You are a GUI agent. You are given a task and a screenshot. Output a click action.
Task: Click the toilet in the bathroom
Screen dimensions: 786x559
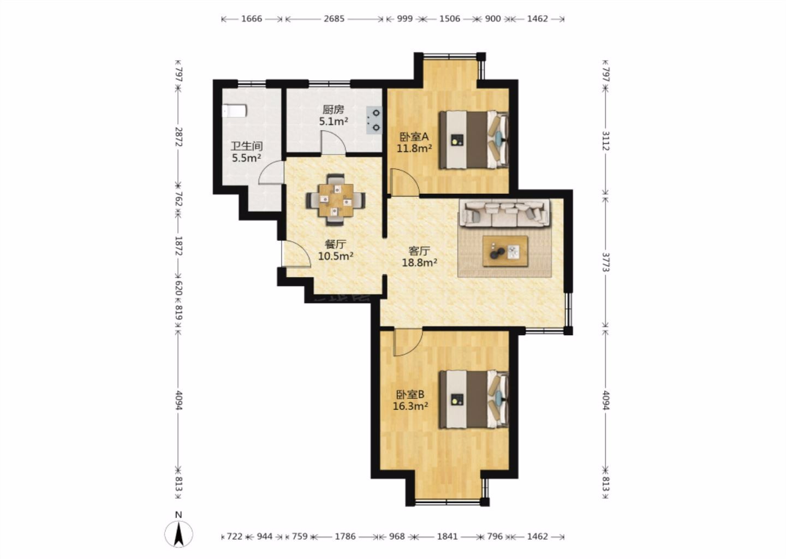click(x=234, y=111)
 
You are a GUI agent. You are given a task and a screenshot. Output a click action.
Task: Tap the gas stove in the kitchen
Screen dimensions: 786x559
click(x=374, y=120)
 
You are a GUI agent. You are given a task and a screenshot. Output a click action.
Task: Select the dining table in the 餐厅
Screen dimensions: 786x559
click(x=336, y=200)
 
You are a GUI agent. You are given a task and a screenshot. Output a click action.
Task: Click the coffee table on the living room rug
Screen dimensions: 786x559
click(x=505, y=251)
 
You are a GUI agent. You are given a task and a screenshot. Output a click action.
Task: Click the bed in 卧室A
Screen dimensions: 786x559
click(x=474, y=140)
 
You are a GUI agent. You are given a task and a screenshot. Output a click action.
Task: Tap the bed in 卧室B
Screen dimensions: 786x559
click(x=474, y=400)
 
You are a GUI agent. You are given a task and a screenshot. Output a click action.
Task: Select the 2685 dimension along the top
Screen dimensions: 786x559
click(x=334, y=19)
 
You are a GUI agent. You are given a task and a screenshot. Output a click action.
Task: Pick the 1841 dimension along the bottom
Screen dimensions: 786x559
click(x=448, y=537)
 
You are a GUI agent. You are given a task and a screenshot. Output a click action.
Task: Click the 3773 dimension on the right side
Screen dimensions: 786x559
click(x=606, y=262)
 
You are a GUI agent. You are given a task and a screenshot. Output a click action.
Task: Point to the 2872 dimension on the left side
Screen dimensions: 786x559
click(x=178, y=137)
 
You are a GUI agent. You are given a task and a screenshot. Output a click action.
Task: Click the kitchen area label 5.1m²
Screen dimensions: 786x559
click(x=334, y=122)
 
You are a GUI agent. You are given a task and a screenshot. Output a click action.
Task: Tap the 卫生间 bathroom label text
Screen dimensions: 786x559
click(x=247, y=146)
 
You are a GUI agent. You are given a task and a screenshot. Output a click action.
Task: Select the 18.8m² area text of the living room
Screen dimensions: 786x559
click(x=419, y=263)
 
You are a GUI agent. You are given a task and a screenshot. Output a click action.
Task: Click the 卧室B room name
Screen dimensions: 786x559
click(x=410, y=395)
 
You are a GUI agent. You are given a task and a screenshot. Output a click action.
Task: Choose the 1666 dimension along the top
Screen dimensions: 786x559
click(x=252, y=19)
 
